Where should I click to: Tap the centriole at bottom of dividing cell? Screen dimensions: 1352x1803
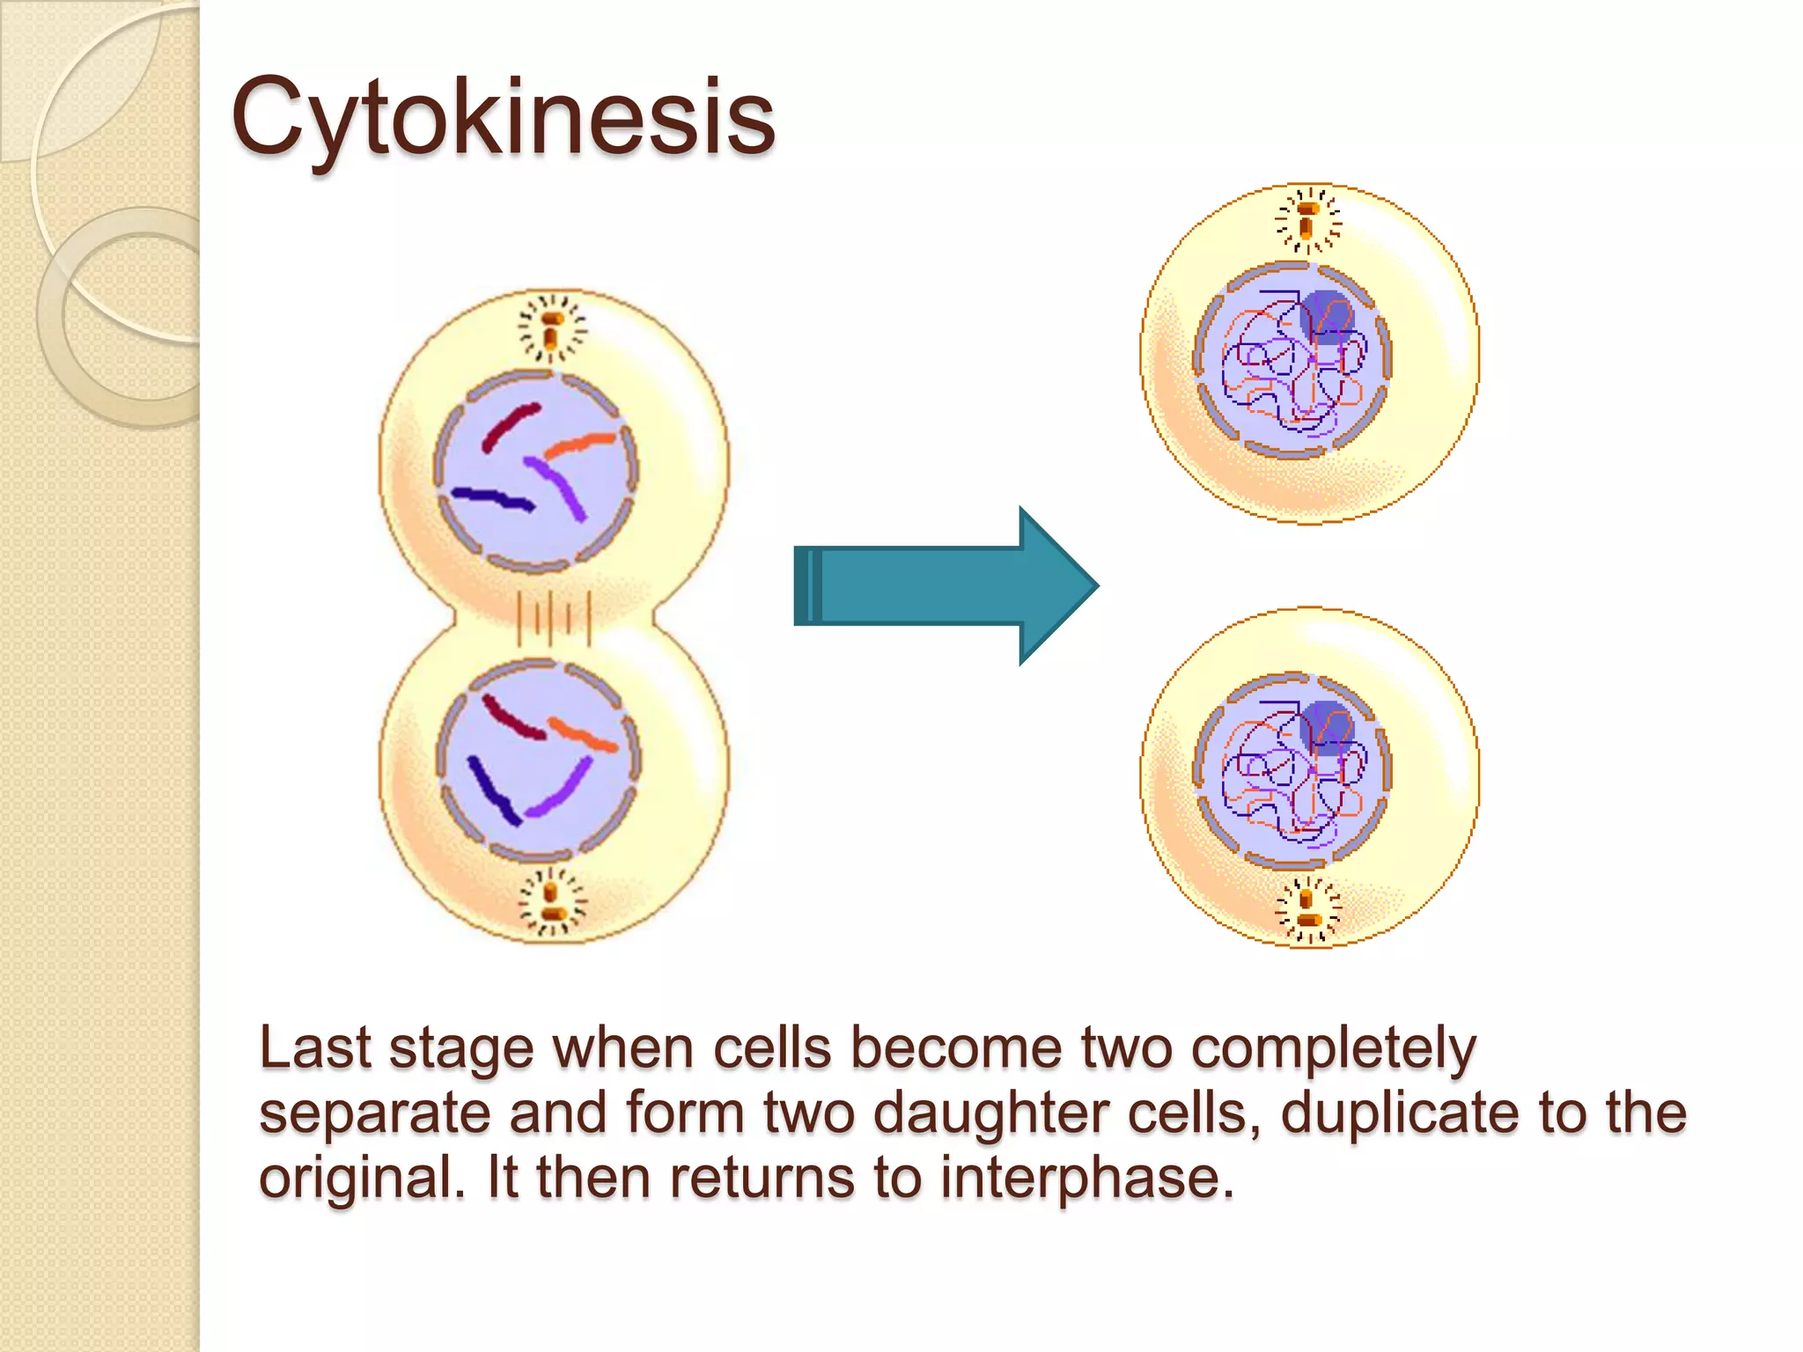[x=552, y=902]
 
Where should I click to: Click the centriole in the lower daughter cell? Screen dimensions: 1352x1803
[x=1307, y=909]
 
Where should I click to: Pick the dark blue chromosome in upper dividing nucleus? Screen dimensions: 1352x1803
[x=493, y=499]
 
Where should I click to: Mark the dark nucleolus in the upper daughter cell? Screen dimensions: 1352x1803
[x=1326, y=315]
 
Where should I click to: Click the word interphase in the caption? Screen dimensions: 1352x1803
[x=1087, y=1177]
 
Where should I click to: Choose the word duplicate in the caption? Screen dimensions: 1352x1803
[x=1400, y=1113]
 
